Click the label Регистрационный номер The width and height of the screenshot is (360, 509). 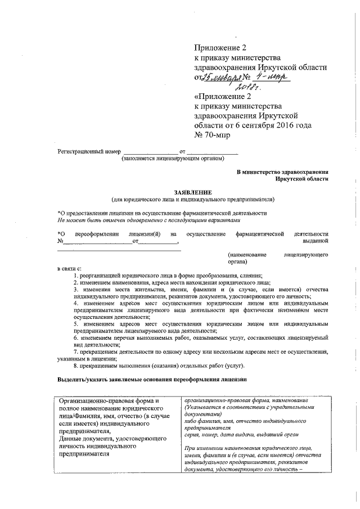89,152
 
